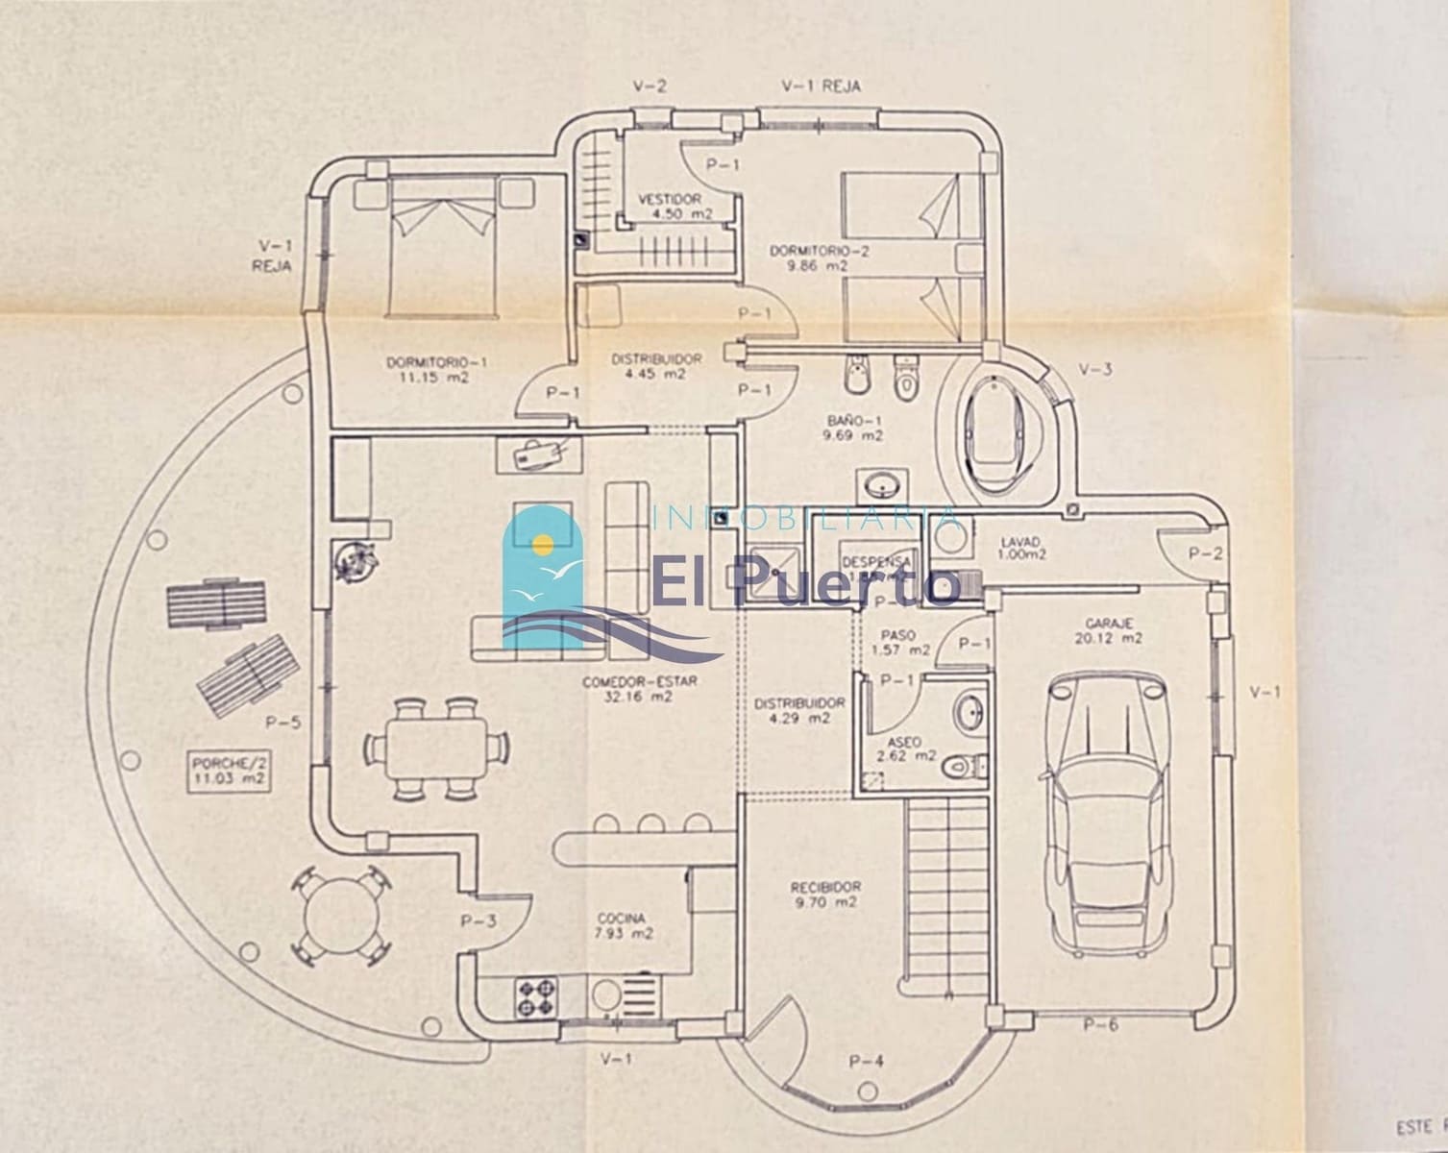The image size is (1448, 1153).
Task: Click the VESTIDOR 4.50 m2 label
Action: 669,207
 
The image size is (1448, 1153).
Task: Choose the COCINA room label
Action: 622,925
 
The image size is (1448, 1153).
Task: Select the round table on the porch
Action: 342,914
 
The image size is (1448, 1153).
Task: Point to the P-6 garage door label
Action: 1100,1024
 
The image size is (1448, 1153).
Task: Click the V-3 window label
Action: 1095,369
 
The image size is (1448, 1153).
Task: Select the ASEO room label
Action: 904,749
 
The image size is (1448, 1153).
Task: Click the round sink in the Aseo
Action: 969,712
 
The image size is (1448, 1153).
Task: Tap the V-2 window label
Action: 650,86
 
